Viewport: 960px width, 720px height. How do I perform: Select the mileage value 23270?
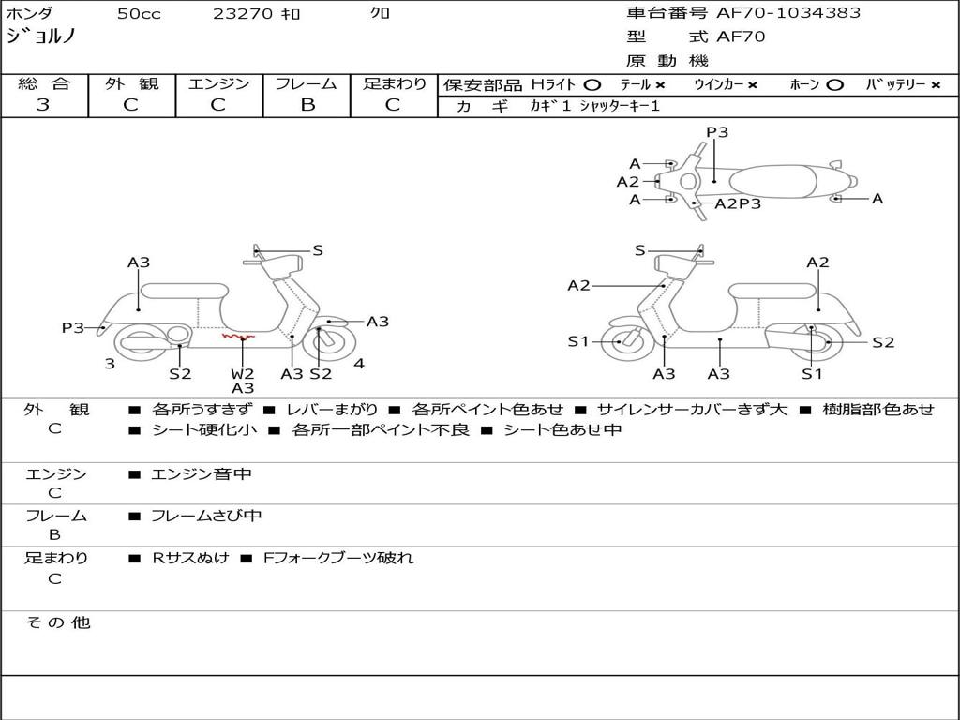(x=243, y=14)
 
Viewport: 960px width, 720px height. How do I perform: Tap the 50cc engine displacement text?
(x=139, y=14)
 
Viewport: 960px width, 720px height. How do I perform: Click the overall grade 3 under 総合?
(x=43, y=105)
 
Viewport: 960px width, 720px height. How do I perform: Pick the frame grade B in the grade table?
(x=307, y=105)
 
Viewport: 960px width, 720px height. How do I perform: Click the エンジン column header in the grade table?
(x=218, y=83)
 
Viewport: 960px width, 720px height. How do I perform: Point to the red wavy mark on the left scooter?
(x=238, y=336)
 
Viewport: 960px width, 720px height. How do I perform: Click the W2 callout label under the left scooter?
(x=243, y=374)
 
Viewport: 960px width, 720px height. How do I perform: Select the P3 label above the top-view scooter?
(x=717, y=132)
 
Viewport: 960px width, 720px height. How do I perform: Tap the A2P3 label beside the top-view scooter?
(x=738, y=203)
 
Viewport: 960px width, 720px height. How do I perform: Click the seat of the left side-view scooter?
(x=184, y=290)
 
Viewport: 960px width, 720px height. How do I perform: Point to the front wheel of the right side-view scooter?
(x=620, y=342)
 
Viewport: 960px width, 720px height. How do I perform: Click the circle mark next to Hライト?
(x=592, y=84)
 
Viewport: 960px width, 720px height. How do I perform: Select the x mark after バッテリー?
(x=935, y=84)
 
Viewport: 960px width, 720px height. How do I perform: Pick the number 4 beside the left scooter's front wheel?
(x=359, y=364)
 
